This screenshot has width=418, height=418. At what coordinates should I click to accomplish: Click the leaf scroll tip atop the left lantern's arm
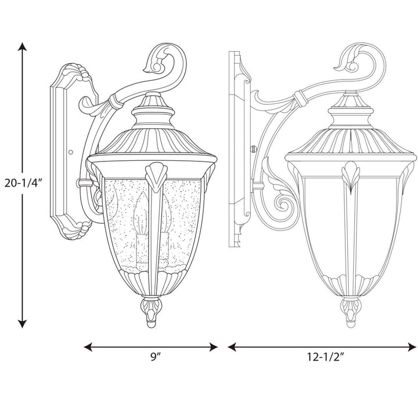click(157, 56)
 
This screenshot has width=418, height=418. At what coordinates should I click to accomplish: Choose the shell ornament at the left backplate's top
click(76, 74)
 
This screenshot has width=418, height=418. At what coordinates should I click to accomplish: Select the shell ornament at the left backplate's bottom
click(75, 229)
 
